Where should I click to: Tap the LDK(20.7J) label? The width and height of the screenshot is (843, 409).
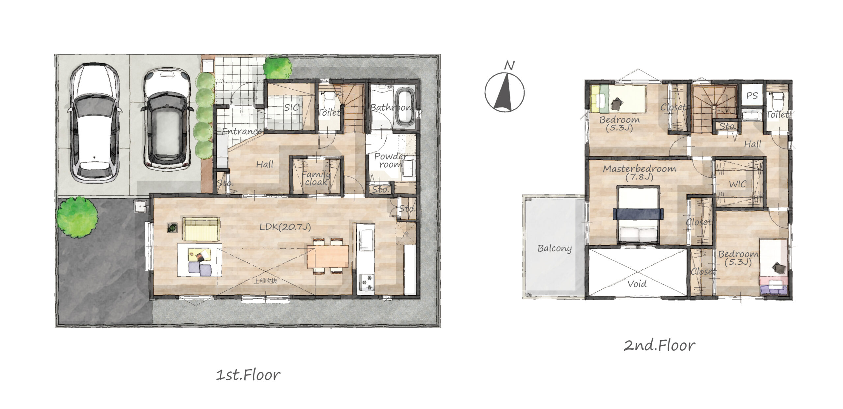(x=285, y=227)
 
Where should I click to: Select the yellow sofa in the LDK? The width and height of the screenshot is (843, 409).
(x=201, y=229)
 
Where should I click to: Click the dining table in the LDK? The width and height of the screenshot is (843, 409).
(x=328, y=257)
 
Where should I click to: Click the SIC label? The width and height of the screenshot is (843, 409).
(x=291, y=107)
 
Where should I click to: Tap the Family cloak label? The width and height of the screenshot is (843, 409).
(x=316, y=178)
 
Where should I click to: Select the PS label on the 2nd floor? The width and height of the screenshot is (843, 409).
(x=752, y=95)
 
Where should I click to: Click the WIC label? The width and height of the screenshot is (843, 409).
(x=738, y=184)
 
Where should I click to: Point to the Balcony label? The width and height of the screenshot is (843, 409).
(x=555, y=248)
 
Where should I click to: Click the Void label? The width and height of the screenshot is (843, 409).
(x=637, y=284)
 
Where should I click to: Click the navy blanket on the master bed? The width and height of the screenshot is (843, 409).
(x=638, y=214)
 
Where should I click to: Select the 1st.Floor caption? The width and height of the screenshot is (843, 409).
(x=248, y=375)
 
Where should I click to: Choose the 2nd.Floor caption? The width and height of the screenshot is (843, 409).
(x=659, y=345)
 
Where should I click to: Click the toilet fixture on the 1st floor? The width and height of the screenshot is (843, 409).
(x=329, y=98)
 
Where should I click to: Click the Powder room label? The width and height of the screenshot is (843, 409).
(x=391, y=160)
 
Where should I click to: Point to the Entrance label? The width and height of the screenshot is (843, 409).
(x=242, y=131)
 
